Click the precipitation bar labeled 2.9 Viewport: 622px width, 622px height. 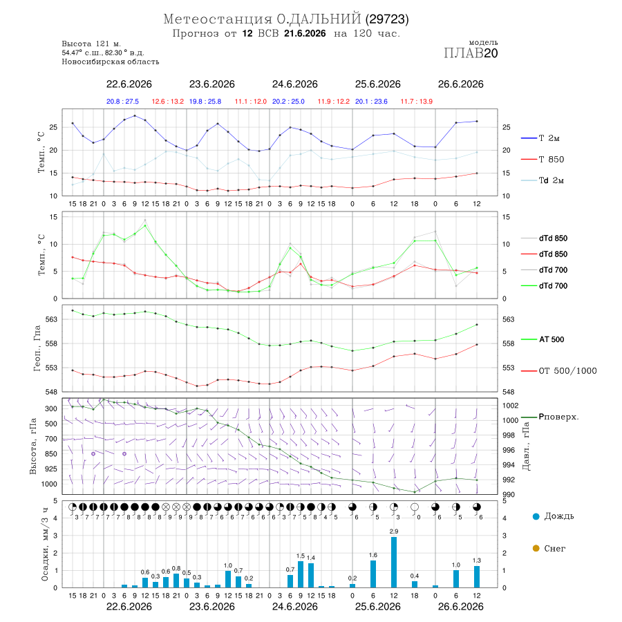coord(393,562)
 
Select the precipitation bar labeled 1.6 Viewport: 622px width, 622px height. coord(373,574)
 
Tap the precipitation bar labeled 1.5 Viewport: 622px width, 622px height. coord(301,574)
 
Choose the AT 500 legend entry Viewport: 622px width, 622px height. coord(543,339)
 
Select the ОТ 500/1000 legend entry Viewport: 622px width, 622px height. coord(558,371)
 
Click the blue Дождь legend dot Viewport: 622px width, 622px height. coord(536,516)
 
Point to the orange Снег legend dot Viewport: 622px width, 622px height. coord(536,548)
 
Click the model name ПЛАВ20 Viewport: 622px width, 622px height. coord(471,53)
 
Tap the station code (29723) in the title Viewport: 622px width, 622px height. coord(387,19)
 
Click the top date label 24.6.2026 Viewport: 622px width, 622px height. coord(294,84)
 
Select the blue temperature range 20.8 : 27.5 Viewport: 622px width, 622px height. coord(122,102)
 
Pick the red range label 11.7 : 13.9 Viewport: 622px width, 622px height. coord(416,102)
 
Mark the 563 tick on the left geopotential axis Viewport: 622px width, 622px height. coord(51,319)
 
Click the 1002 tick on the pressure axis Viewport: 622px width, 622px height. coord(510,406)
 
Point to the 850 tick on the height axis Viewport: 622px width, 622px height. coord(51,454)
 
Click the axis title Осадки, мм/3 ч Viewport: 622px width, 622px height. coord(45,544)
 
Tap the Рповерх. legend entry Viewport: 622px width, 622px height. coord(550,417)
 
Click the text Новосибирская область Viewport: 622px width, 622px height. coord(111,62)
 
